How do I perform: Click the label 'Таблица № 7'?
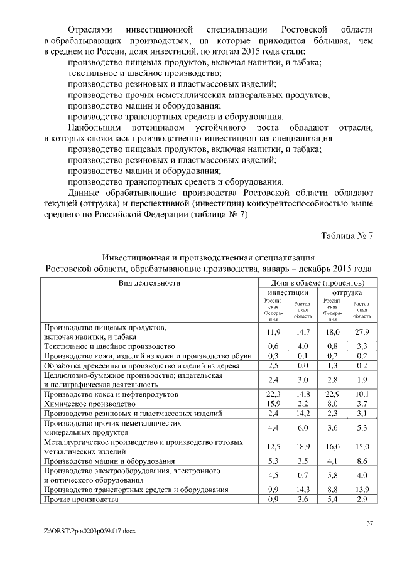click(347, 236)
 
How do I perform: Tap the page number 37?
click(369, 523)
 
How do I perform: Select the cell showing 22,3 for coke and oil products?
click(273, 394)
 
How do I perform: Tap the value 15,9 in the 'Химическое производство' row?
click(273, 404)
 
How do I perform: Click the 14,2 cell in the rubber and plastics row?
click(303, 414)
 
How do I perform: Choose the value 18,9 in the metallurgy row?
click(303, 446)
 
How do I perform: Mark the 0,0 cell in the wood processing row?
click(303, 365)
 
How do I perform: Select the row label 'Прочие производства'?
click(80, 500)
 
